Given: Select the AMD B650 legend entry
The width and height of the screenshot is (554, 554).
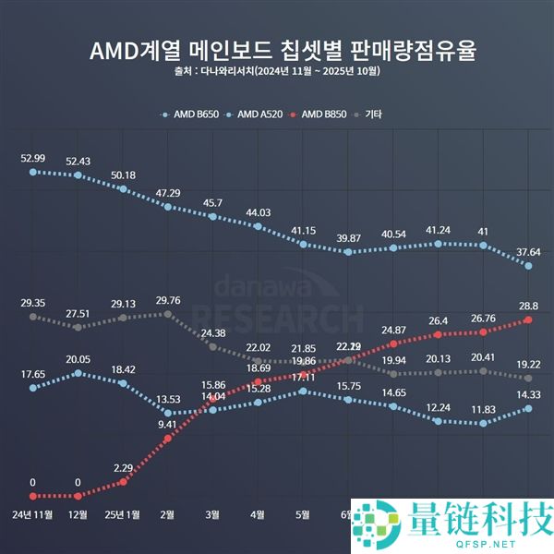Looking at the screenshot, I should [196, 114].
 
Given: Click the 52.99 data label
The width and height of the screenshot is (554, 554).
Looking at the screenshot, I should [33, 158].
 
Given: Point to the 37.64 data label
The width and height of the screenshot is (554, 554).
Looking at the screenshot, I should [528, 251].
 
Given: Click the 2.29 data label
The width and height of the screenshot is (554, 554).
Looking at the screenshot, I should [123, 467].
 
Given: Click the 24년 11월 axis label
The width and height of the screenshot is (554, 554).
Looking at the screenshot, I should [33, 514].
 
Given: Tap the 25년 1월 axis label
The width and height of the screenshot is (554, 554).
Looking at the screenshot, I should [122, 514].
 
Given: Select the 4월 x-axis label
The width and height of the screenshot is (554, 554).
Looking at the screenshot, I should [258, 514].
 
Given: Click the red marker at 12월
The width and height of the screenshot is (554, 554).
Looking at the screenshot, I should [78, 496].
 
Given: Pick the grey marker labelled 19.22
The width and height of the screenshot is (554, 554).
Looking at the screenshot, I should [528, 378].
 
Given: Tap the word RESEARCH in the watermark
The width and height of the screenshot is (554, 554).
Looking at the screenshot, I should [277, 314].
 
